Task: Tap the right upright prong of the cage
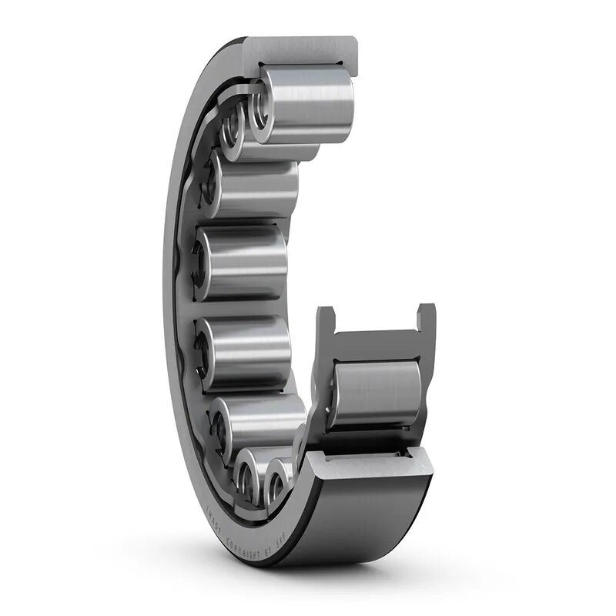point(426,319)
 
